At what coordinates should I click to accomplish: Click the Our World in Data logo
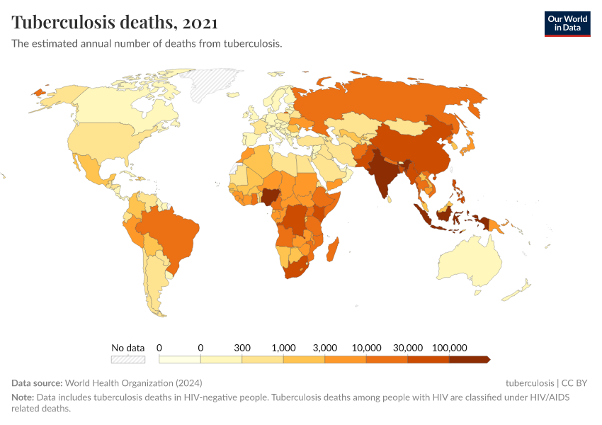click(567, 23)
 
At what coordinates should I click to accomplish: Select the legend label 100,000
click(449, 348)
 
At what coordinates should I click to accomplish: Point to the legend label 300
click(242, 348)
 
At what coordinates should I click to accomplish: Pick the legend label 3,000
click(325, 348)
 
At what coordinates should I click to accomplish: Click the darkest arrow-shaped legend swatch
click(469, 359)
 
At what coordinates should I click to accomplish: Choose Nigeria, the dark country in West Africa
click(271, 196)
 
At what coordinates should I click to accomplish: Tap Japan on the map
click(468, 145)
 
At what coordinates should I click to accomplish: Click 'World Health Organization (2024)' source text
click(124, 383)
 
